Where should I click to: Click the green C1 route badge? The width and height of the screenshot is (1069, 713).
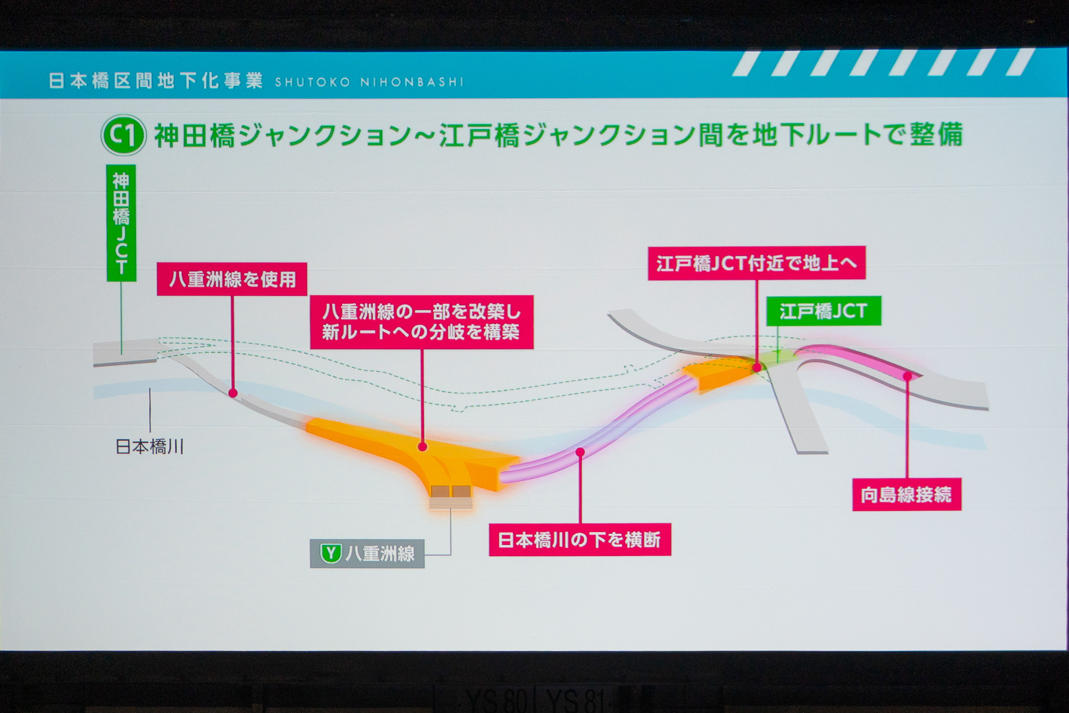click(123, 135)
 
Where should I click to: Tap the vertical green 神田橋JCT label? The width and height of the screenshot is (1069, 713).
click(121, 223)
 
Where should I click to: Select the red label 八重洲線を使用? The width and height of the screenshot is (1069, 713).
click(232, 279)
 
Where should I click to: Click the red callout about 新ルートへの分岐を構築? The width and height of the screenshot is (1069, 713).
click(421, 322)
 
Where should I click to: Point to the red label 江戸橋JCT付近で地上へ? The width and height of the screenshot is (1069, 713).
click(757, 263)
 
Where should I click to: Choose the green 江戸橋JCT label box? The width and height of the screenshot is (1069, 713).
click(823, 311)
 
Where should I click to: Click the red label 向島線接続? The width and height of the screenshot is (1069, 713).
click(906, 494)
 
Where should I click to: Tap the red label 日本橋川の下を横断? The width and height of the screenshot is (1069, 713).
click(580, 539)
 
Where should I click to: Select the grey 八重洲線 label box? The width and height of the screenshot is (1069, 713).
click(367, 554)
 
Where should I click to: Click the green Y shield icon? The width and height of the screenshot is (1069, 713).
click(331, 554)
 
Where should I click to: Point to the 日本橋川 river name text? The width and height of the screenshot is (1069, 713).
click(149, 447)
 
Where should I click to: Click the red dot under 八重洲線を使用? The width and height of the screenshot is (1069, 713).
click(233, 393)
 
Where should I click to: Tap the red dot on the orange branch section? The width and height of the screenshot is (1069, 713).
click(422, 447)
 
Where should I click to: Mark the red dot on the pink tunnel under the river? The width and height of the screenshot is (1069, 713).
click(580, 452)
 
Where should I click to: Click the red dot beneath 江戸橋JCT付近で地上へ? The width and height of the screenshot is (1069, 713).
click(757, 368)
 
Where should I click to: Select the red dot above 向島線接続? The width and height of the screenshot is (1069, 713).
click(907, 377)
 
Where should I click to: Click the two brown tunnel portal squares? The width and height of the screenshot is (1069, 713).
click(450, 492)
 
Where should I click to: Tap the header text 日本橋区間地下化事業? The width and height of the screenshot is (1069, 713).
click(156, 81)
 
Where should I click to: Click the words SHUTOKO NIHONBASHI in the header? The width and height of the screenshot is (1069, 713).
click(369, 82)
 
